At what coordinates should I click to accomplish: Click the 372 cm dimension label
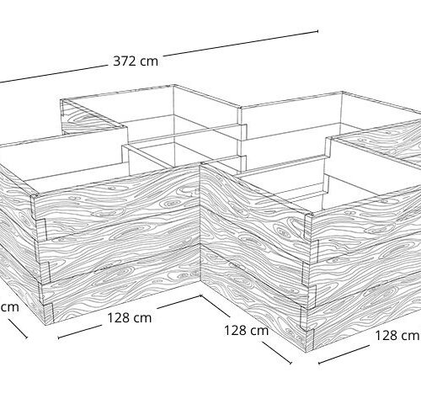(x=136, y=61)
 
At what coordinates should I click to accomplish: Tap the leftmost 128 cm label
(x=130, y=318)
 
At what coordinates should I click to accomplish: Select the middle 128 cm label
(x=247, y=330)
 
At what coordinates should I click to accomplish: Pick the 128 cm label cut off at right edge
(x=397, y=335)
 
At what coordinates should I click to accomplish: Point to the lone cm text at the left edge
(x=9, y=307)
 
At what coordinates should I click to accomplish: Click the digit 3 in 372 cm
(x=117, y=61)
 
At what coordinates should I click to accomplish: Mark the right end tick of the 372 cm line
(x=317, y=31)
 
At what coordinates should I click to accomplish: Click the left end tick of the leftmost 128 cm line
(x=58, y=337)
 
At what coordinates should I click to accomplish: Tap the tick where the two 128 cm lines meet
(x=201, y=296)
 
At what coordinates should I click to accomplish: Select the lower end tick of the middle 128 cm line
(x=290, y=363)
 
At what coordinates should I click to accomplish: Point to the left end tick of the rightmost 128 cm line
(x=318, y=363)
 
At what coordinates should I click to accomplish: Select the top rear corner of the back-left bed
(x=173, y=85)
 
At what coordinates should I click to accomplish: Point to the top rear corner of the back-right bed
(x=342, y=92)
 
